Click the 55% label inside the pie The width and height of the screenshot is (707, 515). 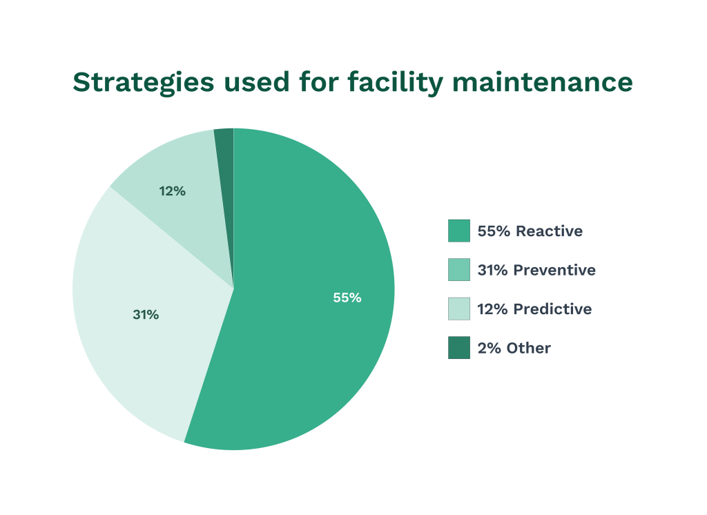(x=347, y=298)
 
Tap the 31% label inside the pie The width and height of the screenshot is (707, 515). (x=146, y=315)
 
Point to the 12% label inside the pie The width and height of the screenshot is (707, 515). (x=172, y=191)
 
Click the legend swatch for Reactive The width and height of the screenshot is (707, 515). (x=458, y=231)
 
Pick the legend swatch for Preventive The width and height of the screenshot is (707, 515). (x=458, y=270)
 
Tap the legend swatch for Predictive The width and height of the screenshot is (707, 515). (x=458, y=309)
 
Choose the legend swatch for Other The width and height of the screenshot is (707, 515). (x=458, y=348)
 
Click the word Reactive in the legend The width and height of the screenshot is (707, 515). (x=549, y=231)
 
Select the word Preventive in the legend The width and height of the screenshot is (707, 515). (x=555, y=270)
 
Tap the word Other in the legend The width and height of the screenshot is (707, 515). (x=528, y=348)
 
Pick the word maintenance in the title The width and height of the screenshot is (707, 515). (x=542, y=82)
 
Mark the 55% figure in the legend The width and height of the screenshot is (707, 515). (x=494, y=231)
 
